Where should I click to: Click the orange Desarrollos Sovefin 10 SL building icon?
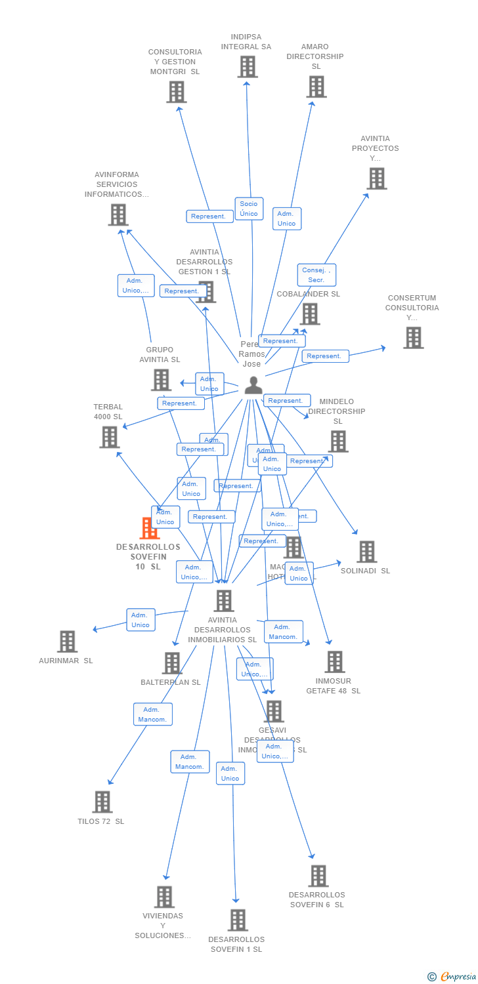150,528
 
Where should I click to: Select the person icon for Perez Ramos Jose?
253,386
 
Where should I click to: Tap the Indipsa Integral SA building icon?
247,67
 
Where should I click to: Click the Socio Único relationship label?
249,209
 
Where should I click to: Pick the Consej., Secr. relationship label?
316,275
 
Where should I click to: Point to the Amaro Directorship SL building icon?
316,87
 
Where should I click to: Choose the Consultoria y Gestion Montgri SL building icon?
176,92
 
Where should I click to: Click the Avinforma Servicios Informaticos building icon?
118,215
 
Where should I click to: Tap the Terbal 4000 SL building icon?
109,437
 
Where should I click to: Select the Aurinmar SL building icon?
67,642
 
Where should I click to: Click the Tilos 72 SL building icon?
102,802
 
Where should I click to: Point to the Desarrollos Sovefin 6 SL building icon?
318,876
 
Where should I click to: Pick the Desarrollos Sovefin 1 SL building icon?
237,920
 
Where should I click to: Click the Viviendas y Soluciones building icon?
164,897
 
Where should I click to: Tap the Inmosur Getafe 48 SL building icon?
334,662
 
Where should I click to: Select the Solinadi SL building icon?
366,552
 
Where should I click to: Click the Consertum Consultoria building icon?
413,338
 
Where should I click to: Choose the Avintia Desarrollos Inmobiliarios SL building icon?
224,600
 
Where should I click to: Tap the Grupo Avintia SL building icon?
161,380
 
